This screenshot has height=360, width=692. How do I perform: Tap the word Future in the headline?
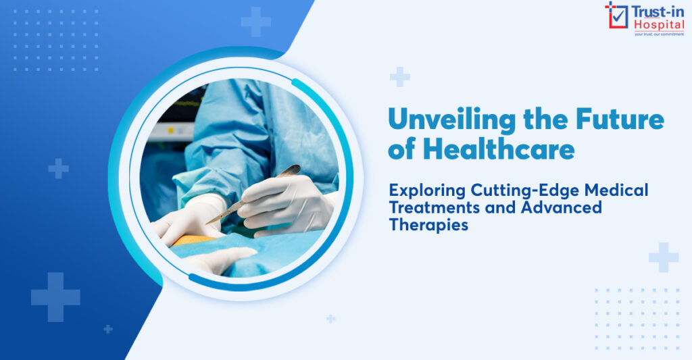pyautogui.click(x=620, y=119)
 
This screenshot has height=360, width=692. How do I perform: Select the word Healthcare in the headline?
pyautogui.click(x=499, y=149)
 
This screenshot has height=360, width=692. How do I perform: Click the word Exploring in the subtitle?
pyautogui.click(x=427, y=191)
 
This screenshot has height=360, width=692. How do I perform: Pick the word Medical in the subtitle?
pyautogui.click(x=616, y=190)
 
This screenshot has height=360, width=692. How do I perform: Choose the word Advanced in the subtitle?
pyautogui.click(x=562, y=207)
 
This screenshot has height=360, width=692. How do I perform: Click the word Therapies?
pyautogui.click(x=428, y=225)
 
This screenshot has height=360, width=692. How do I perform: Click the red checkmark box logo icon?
pyautogui.click(x=616, y=16)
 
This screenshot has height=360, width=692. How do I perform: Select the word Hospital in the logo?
pyautogui.click(x=659, y=25)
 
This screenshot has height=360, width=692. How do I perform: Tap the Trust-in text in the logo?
pyautogui.click(x=658, y=11)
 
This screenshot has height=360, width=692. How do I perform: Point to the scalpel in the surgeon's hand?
pyautogui.click(x=253, y=194)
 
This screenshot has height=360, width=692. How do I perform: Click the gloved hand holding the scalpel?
pyautogui.click(x=287, y=202)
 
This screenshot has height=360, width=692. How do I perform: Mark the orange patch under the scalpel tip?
pyautogui.click(x=193, y=240)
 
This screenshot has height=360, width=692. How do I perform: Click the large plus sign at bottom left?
pyautogui.click(x=55, y=297)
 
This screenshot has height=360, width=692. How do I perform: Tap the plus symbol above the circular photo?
pyautogui.click(x=256, y=22)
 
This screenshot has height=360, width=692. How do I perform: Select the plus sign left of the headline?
pyautogui.click(x=400, y=77)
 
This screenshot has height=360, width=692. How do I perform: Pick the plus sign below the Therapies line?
pyautogui.click(x=664, y=257)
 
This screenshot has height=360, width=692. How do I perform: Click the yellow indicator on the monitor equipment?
pyautogui.click(x=170, y=130)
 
